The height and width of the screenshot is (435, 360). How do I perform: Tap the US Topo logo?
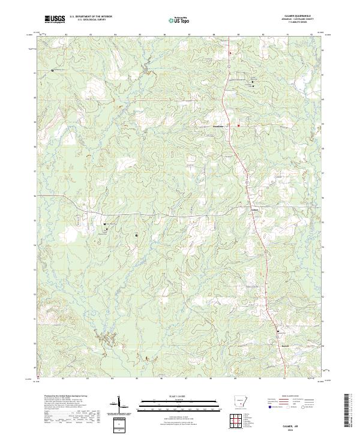[178, 20]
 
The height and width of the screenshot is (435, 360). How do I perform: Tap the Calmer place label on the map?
[254, 209]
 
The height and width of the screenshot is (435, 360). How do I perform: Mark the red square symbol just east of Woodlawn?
[238, 125]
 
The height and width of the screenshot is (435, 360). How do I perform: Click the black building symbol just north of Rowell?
[278, 331]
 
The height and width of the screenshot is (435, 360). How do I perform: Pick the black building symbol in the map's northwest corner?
[53, 70]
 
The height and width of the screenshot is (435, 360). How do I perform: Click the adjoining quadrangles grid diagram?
[243, 422]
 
